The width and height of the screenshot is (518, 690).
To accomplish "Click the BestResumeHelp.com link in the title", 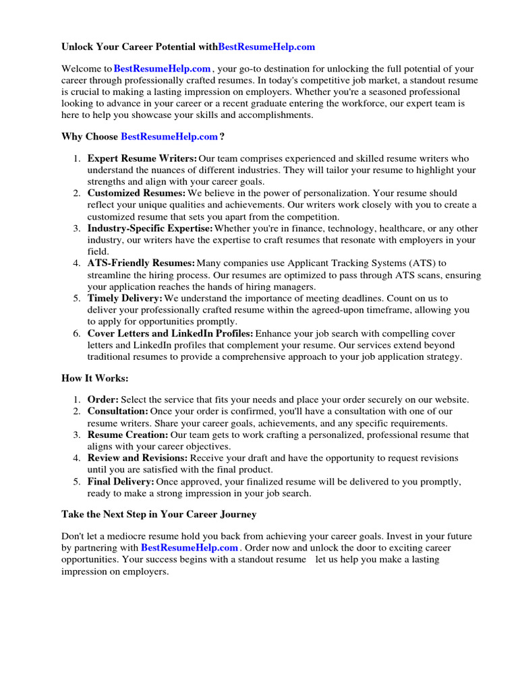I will click(x=266, y=47).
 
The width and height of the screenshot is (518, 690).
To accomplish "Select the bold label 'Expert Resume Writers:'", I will click(x=142, y=158).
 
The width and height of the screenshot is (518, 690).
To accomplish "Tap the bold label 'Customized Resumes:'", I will click(x=136, y=193).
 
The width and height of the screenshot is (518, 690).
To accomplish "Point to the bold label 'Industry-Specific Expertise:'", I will click(x=150, y=228).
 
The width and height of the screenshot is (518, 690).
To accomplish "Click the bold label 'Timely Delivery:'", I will click(x=125, y=298).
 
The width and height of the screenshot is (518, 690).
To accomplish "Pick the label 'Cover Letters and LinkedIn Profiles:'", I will click(x=171, y=334).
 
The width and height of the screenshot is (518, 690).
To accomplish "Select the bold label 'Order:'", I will click(x=103, y=400).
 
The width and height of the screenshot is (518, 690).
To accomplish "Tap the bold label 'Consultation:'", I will click(x=118, y=411).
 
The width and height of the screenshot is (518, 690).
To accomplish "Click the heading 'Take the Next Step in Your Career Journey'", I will click(x=159, y=514).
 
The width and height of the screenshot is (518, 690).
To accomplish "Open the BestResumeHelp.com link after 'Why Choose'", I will click(x=169, y=137).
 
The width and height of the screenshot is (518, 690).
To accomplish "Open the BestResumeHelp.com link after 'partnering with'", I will click(x=190, y=548).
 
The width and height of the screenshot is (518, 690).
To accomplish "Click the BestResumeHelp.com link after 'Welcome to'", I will click(x=163, y=69).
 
